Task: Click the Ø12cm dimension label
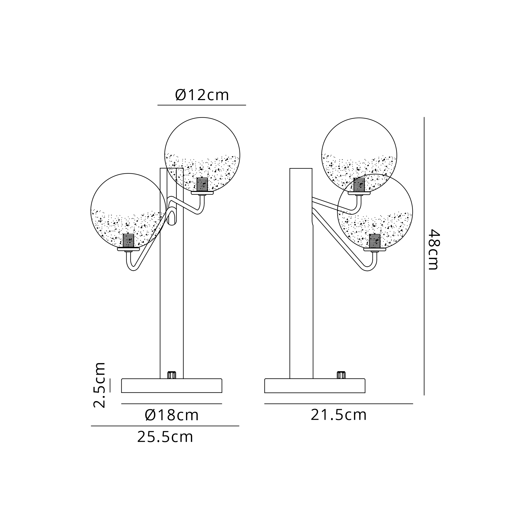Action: click(x=202, y=95)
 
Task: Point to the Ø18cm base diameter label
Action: click(x=172, y=415)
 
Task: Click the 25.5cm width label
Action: click(x=165, y=437)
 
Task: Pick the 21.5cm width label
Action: click(x=339, y=415)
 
